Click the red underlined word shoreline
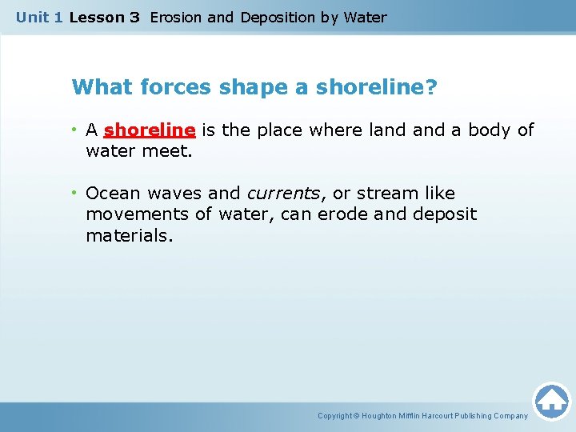click(150, 130)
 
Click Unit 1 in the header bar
click(39, 17)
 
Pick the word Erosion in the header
click(175, 17)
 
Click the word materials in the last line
click(129, 236)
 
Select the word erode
click(343, 214)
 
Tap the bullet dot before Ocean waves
click(74, 193)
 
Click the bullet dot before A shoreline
click(74, 130)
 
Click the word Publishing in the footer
click(475, 416)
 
